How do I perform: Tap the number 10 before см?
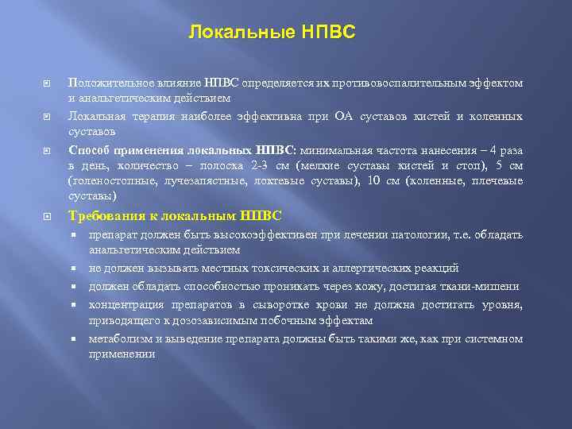(x=373, y=181)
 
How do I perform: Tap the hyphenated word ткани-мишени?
(x=483, y=286)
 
